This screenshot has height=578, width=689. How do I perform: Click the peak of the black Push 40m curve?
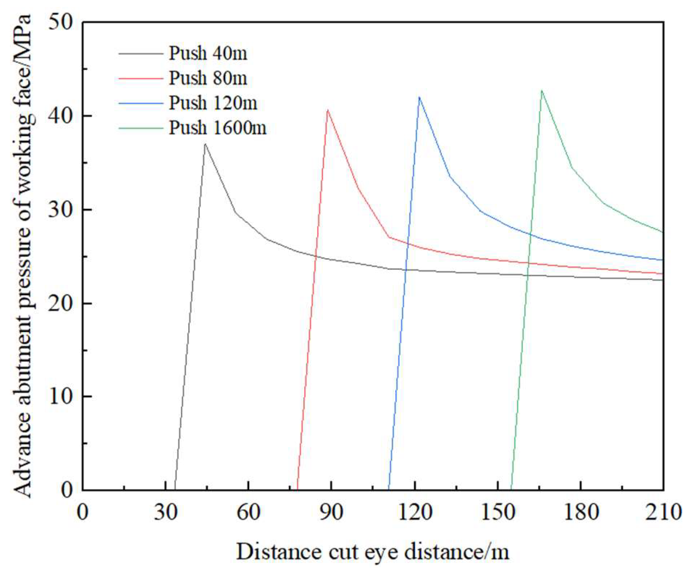pos(205,144)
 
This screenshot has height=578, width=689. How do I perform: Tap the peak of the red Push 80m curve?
pos(327,110)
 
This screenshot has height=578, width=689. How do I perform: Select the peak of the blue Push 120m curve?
pos(419,97)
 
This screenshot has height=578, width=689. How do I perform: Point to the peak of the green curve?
pos(542,91)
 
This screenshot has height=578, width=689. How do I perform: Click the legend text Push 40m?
pos(208,53)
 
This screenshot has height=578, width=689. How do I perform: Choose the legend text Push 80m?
pos(208,78)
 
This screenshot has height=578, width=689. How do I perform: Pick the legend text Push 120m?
pos(213,103)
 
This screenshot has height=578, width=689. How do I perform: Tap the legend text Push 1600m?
pos(217,128)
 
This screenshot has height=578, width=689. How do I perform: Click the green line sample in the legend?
pos(140,128)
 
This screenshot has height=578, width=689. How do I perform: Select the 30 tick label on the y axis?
pos(60,210)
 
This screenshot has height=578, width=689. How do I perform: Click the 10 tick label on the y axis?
pos(60,397)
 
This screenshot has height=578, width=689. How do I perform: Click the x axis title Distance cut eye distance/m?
pos(372,552)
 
